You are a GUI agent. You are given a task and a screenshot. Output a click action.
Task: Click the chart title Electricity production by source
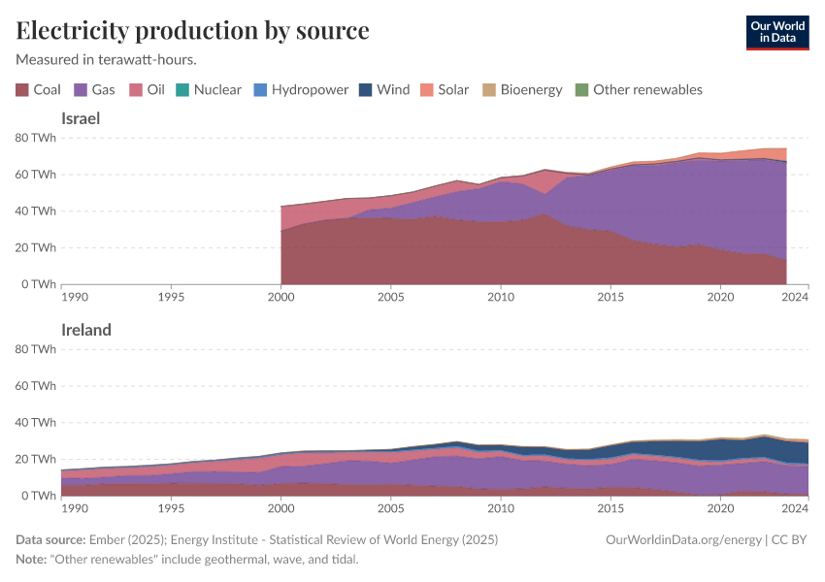pyautogui.click(x=192, y=30)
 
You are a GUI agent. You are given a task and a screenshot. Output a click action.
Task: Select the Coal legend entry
pyautogui.click(x=38, y=89)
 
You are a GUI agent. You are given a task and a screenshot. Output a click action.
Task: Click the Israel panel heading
pyautogui.click(x=81, y=118)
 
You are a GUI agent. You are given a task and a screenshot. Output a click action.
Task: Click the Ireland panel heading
pyautogui.click(x=86, y=330)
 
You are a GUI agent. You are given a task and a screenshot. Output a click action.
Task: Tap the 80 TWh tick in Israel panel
pyautogui.click(x=36, y=138)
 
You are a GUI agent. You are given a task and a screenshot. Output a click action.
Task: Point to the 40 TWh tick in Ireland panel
pyautogui.click(x=36, y=422)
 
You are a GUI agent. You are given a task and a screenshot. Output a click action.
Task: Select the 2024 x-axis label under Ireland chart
pyautogui.click(x=796, y=507)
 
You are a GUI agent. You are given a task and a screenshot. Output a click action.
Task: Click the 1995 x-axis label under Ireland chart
pyautogui.click(x=171, y=507)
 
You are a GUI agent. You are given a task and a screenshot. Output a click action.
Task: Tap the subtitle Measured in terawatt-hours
pyautogui.click(x=106, y=59)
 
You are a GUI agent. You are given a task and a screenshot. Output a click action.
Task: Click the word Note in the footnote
pyautogui.click(x=32, y=560)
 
